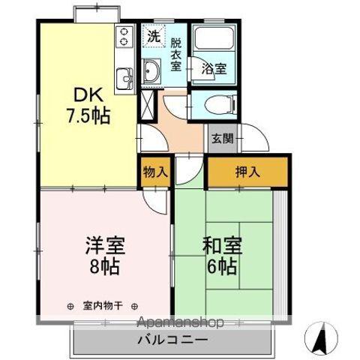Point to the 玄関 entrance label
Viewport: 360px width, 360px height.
pyautogui.click(x=222, y=138)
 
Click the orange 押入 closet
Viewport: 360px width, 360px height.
pyautogui.click(x=248, y=171)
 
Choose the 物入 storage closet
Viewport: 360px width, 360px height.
pyautogui.click(x=154, y=171)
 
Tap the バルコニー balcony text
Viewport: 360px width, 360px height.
pyautogui.click(x=174, y=340)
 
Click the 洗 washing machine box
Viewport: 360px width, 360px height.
pyautogui.click(x=153, y=35)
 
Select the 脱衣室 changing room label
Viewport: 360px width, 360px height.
pyautogui.click(x=175, y=53)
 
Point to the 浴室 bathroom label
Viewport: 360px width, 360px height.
pyautogui.click(x=214, y=68)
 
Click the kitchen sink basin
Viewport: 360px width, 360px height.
pyautogui.click(x=124, y=76)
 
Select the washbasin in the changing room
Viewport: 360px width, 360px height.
pyautogui.click(x=151, y=73)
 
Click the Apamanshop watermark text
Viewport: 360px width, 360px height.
pyautogui.click(x=180, y=322)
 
